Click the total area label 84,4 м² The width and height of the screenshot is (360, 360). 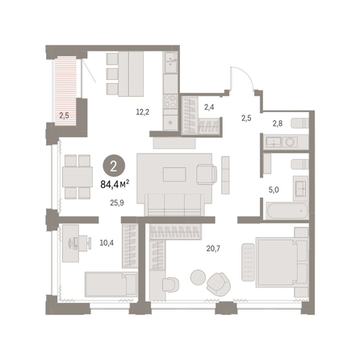point(115,184)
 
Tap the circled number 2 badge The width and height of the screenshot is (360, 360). point(114,167)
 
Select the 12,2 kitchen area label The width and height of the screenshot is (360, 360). point(143,112)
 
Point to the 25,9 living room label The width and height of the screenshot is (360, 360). point(117,203)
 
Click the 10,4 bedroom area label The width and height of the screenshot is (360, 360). point(107,243)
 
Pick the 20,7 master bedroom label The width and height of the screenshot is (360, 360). point(213,249)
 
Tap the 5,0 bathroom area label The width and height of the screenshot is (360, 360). point(274,190)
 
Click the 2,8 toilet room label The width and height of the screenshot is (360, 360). point(278,123)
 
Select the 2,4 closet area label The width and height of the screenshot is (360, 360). point(209,107)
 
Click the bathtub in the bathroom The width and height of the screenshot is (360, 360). point(287,211)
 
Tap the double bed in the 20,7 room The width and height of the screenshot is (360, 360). point(282,262)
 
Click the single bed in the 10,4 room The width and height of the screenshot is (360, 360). point(111,284)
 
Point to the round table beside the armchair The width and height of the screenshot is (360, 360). point(198,277)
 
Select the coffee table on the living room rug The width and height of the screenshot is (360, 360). point(174,174)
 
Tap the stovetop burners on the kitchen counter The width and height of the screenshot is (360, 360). point(170,101)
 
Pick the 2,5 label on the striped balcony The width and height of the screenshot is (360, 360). point(64,116)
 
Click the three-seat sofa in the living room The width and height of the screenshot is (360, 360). point(174,204)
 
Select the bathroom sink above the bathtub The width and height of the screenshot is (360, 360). point(300,188)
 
